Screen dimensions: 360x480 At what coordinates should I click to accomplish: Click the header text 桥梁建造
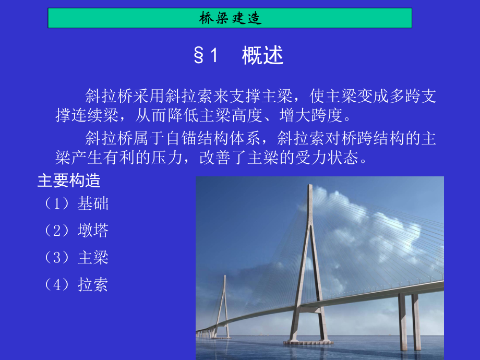coord(230,19)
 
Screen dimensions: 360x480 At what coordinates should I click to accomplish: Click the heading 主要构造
coord(68,181)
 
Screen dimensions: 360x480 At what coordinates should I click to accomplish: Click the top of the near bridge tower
coord(310,189)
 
